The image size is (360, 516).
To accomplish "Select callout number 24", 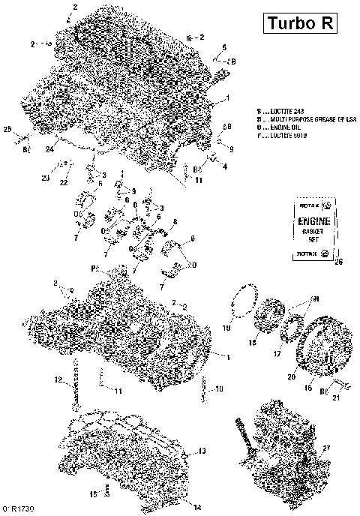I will pos(49,149).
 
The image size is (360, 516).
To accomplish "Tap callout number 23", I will pos(45,178).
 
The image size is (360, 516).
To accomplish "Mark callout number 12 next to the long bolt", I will pos(58,380).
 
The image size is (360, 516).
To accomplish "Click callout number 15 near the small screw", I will pos(94,494).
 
